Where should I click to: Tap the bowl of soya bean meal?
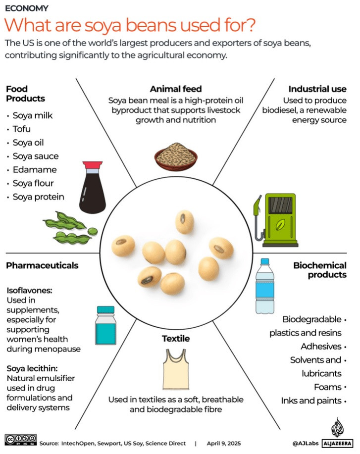tap(176, 155)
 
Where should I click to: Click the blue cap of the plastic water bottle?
tap(264, 261)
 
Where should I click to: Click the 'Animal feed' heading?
tap(176, 89)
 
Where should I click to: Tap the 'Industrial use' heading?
tap(317, 89)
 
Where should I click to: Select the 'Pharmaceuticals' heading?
tap(42, 265)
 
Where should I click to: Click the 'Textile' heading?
tap(176, 339)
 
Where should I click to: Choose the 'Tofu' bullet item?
tap(22, 129)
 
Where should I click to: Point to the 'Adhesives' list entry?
tap(321, 346)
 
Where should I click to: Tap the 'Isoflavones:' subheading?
tap(29, 291)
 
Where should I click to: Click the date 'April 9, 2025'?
tap(223, 443)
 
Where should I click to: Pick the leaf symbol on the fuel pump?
tap(280, 224)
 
